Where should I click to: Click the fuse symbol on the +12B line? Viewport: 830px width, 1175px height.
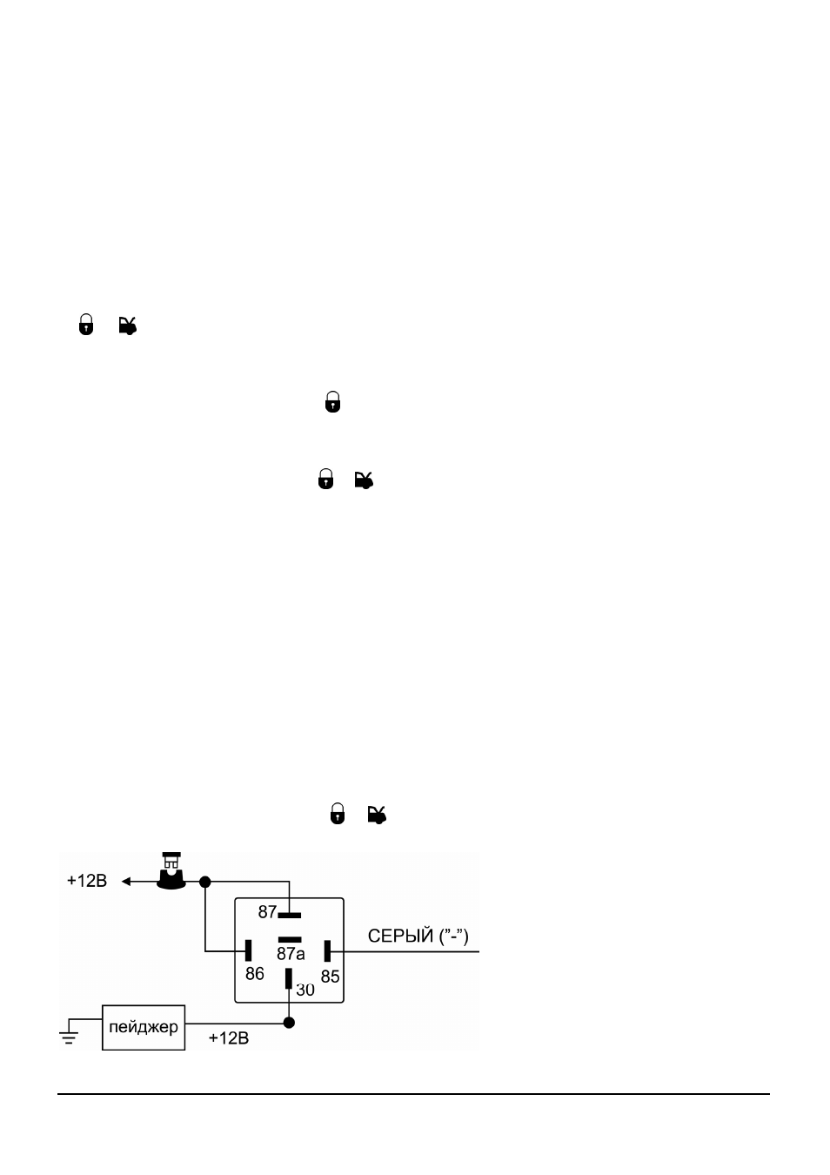pyautogui.click(x=171, y=871)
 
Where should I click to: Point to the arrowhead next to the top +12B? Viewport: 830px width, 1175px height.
pyautogui.click(x=126, y=882)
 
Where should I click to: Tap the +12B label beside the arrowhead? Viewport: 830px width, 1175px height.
pyautogui.click(x=87, y=881)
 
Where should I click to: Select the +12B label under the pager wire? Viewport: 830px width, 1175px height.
pyautogui.click(x=229, y=1038)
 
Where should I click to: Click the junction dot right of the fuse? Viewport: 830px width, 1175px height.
pyautogui.click(x=205, y=883)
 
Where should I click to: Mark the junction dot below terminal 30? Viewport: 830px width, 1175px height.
pyautogui.click(x=289, y=1023)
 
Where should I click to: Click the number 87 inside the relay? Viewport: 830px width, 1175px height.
pyautogui.click(x=267, y=912)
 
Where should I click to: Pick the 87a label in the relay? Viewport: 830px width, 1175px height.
pyautogui.click(x=291, y=954)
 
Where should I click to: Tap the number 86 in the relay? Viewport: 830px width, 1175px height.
pyautogui.click(x=255, y=974)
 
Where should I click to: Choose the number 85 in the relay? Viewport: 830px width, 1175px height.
pyautogui.click(x=331, y=977)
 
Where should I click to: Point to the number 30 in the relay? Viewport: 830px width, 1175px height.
pyautogui.click(x=305, y=990)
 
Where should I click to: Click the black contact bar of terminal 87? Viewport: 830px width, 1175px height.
pyautogui.click(x=290, y=916)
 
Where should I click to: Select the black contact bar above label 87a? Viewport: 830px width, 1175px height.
pyautogui.click(x=290, y=939)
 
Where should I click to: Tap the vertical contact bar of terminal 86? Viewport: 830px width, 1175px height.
pyautogui.click(x=249, y=950)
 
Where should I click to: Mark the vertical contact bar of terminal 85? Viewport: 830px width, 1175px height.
pyautogui.click(x=327, y=951)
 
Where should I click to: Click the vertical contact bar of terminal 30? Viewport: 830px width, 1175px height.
pyautogui.click(x=288, y=978)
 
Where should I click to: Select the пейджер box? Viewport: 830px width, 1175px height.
pyautogui.click(x=144, y=1028)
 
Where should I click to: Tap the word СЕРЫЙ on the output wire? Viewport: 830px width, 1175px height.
pyautogui.click(x=400, y=936)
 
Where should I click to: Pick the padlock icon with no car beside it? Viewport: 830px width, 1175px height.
pyautogui.click(x=333, y=402)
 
